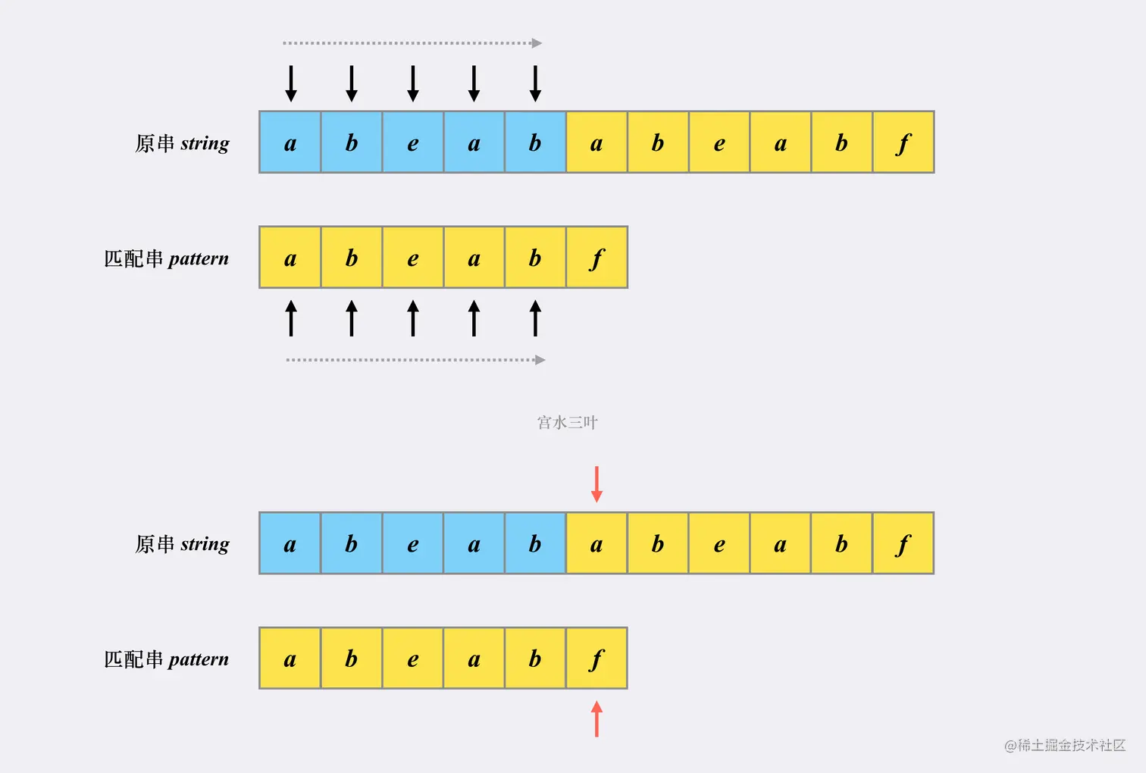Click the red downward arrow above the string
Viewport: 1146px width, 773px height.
point(596,484)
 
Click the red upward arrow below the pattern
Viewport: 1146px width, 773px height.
point(596,718)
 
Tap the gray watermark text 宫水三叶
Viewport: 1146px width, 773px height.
point(567,422)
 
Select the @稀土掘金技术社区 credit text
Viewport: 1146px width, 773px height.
point(1064,746)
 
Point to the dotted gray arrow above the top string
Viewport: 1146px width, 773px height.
point(412,43)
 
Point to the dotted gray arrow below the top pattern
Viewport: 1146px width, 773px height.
point(415,360)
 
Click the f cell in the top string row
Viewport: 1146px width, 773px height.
point(903,142)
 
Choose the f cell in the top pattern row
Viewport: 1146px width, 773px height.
point(596,258)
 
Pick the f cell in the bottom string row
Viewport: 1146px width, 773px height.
point(903,543)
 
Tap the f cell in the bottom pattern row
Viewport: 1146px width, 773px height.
point(596,659)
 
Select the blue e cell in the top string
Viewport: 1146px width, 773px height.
point(412,142)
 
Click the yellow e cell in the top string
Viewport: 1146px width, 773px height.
point(719,142)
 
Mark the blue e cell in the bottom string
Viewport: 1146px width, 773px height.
point(412,543)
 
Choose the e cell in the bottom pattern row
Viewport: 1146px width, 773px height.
point(412,659)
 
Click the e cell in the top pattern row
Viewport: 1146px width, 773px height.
point(412,258)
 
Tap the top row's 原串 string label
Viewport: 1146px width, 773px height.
point(182,143)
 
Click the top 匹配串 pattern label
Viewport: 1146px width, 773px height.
point(166,258)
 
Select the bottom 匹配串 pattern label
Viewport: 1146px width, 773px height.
point(166,659)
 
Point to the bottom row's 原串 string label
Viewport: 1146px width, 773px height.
point(182,544)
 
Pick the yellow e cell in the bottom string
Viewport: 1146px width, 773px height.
point(719,543)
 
